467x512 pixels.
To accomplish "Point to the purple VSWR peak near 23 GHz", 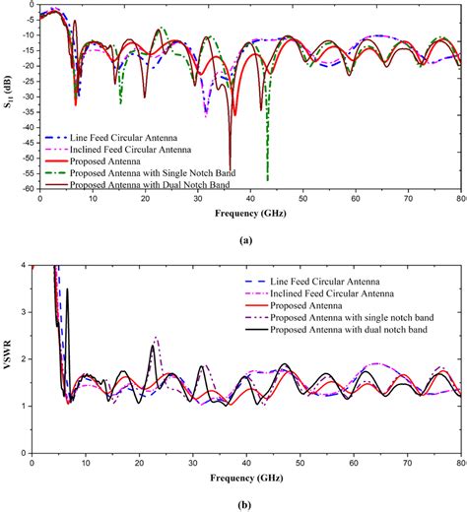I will click(155, 337).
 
